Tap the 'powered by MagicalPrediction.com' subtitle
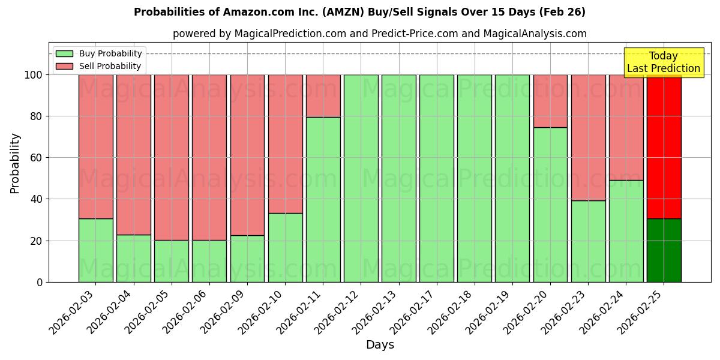click(x=379, y=34)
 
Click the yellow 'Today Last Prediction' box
click(x=663, y=62)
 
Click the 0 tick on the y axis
click(x=40, y=282)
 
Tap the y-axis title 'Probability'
click(x=15, y=163)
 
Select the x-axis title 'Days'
click(x=380, y=345)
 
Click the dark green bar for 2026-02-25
click(x=664, y=250)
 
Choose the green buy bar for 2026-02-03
click(x=95, y=250)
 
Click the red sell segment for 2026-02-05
click(x=172, y=157)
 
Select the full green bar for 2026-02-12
click(x=361, y=178)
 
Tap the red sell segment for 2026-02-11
click(x=323, y=96)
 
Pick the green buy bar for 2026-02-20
click(x=550, y=205)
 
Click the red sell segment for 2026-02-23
click(x=588, y=137)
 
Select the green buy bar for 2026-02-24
click(x=626, y=231)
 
